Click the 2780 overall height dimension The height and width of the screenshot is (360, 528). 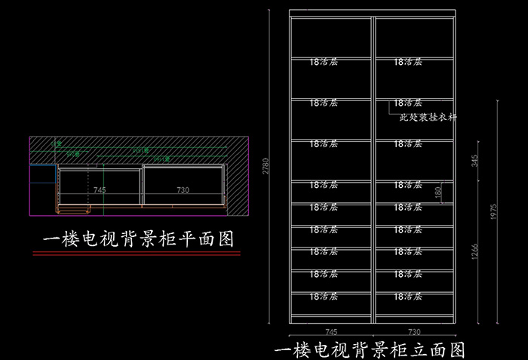[x=266, y=168]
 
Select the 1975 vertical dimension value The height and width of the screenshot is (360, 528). [x=495, y=214]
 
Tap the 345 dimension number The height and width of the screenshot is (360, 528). [x=474, y=160]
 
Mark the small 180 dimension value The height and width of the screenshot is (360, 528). [x=438, y=192]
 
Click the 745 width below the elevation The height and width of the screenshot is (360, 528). [x=330, y=331]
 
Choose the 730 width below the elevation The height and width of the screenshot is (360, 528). [x=413, y=331]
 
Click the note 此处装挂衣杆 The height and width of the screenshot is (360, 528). [x=428, y=118]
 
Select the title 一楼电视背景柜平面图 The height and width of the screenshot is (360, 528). [x=138, y=240]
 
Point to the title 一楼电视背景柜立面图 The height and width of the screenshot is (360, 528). [x=369, y=351]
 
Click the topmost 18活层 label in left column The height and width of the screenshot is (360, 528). [x=324, y=62]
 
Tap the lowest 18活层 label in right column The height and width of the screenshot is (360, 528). [x=407, y=297]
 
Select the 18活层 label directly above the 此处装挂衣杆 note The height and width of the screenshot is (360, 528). [x=407, y=103]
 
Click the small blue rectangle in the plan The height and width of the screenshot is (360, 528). [x=44, y=164]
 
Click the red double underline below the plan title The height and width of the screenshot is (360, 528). [x=138, y=254]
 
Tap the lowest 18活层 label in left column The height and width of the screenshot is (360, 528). [x=324, y=297]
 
